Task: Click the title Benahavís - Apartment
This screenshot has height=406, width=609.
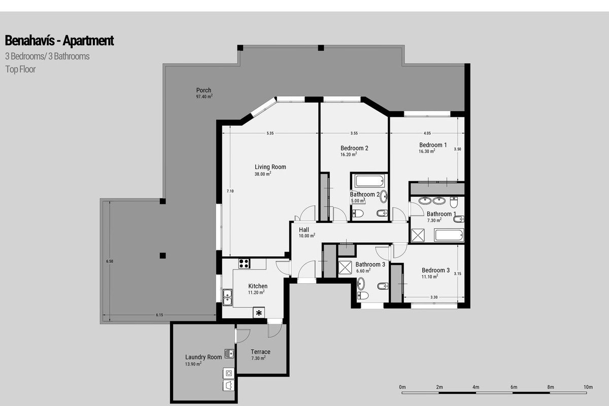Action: [x=59, y=41]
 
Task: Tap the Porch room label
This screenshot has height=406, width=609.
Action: [x=204, y=90]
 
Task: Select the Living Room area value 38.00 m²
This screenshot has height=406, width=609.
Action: [x=263, y=174]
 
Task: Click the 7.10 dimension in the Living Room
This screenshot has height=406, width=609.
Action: [x=230, y=191]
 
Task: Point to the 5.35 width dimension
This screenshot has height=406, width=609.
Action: [x=270, y=133]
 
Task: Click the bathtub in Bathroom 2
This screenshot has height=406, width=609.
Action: [x=369, y=181]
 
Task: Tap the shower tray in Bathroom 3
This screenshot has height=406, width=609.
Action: [x=345, y=267]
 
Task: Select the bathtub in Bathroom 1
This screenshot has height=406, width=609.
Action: [x=449, y=235]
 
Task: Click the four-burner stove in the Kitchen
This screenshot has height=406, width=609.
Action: [x=244, y=263]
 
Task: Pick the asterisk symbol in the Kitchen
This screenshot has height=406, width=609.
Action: [x=259, y=313]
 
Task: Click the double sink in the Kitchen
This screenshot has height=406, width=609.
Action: [x=227, y=297]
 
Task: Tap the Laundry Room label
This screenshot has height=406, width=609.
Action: [x=204, y=357]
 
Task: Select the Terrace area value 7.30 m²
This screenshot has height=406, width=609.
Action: [x=258, y=358]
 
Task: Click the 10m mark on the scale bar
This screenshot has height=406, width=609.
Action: [x=588, y=387]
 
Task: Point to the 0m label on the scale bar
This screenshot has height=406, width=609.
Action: [x=402, y=387]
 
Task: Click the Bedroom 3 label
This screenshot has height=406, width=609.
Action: [x=435, y=270]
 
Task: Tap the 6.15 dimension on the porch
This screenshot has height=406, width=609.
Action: [x=159, y=315]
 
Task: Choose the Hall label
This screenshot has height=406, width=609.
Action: [x=304, y=229]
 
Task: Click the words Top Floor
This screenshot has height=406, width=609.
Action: [x=20, y=70]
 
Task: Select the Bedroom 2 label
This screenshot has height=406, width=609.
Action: [x=354, y=148]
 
